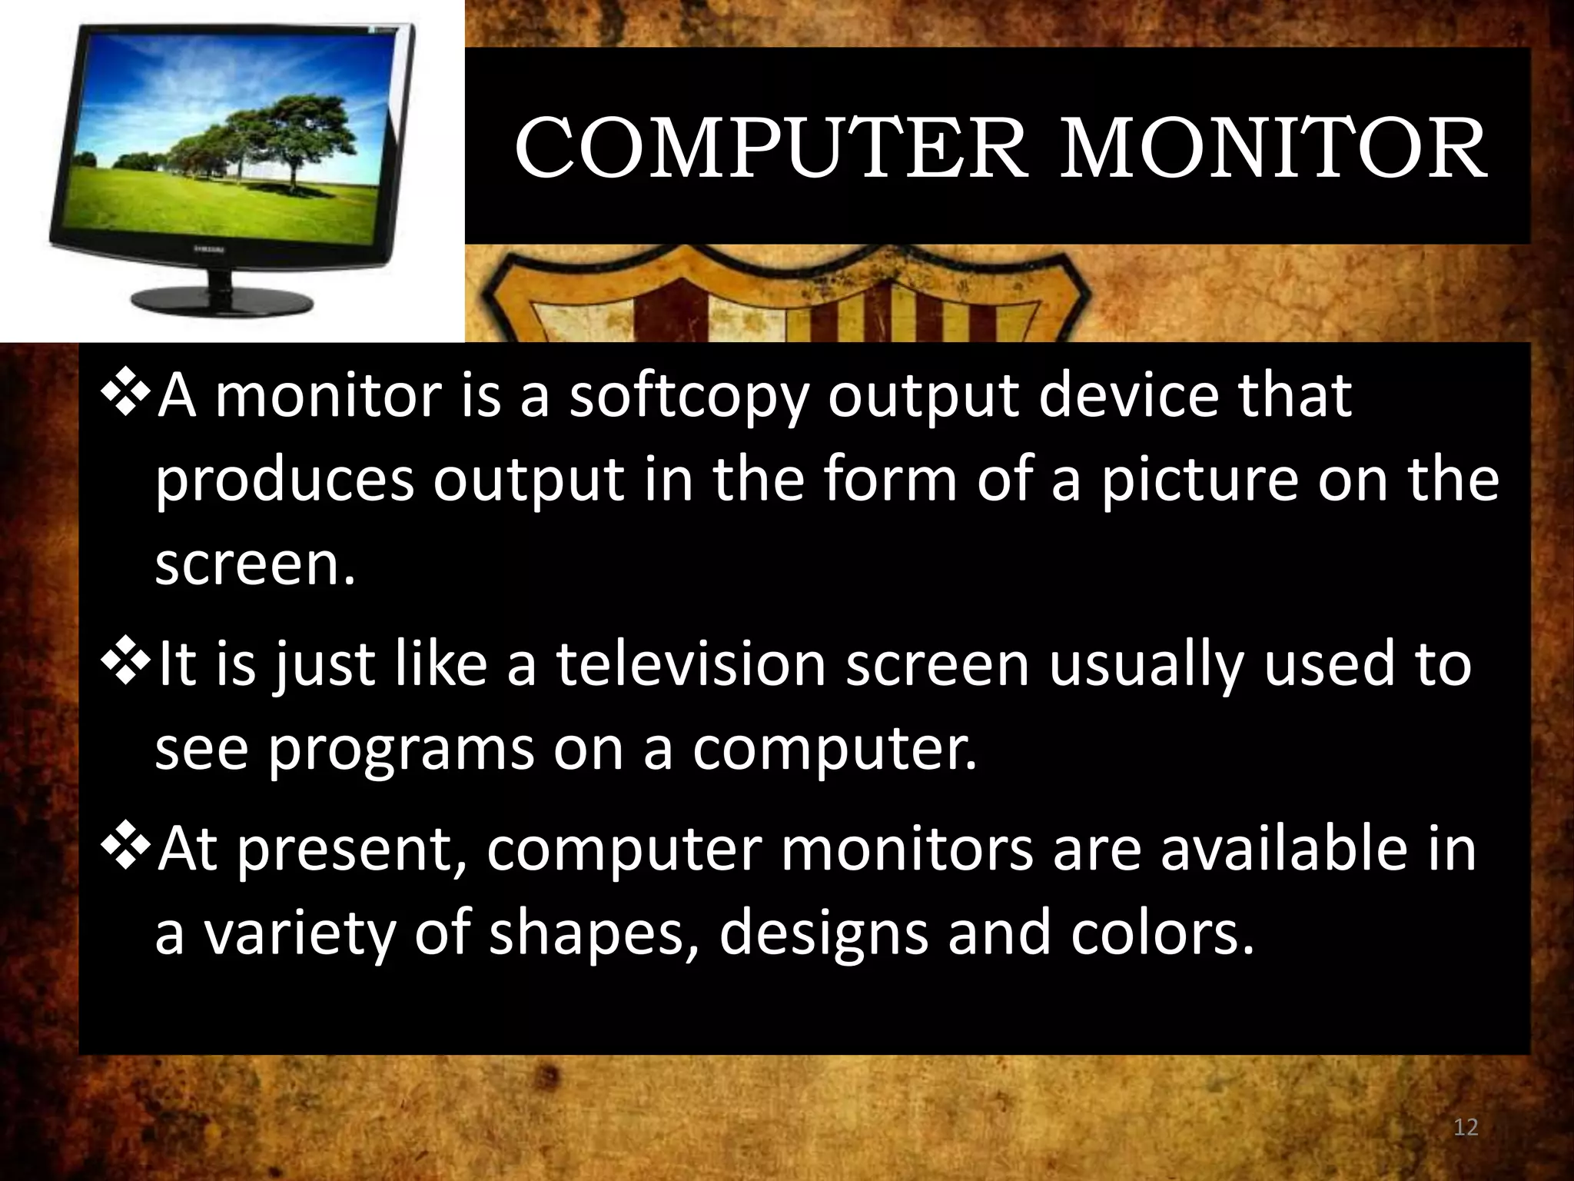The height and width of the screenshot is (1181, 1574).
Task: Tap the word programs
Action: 400,748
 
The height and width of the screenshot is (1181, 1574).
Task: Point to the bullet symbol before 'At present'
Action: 127,847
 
